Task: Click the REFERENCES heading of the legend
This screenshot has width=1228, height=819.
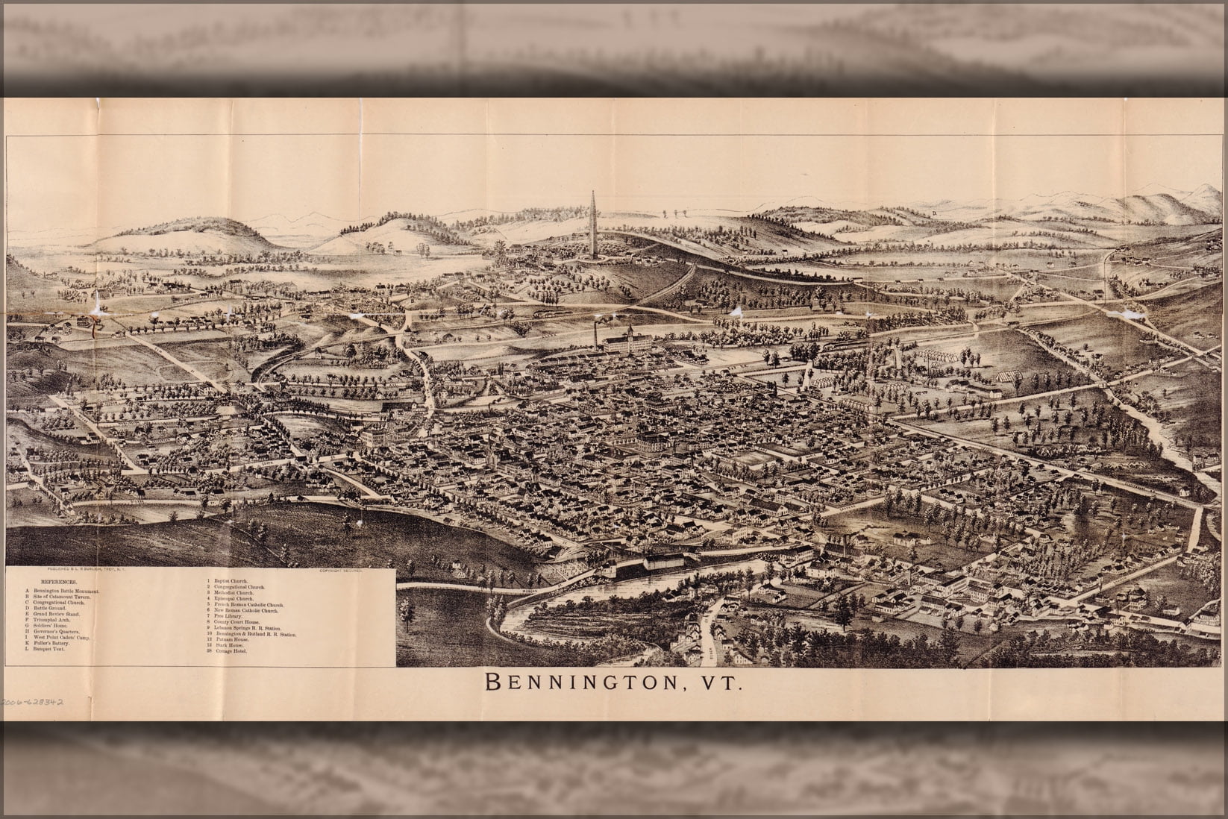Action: coord(57,580)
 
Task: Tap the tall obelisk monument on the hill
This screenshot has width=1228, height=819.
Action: coord(594,224)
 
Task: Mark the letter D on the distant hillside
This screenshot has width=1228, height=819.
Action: coord(933,214)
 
